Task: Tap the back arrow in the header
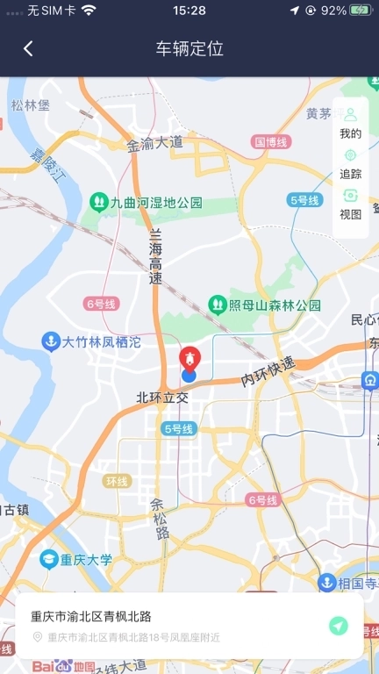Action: pyautogui.click(x=28, y=49)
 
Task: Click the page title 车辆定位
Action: pyautogui.click(x=189, y=49)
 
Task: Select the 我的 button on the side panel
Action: pyautogui.click(x=350, y=124)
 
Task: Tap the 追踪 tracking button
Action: pyautogui.click(x=350, y=164)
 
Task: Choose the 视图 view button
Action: pyautogui.click(x=350, y=204)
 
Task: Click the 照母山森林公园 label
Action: pyautogui.click(x=264, y=305)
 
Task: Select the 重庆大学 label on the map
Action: pyautogui.click(x=77, y=559)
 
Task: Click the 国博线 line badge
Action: pyautogui.click(x=270, y=141)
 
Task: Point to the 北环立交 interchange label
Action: pyautogui.click(x=162, y=398)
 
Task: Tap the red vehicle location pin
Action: pyautogui.click(x=189, y=359)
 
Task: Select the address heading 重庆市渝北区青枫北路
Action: pyautogui.click(x=91, y=616)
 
